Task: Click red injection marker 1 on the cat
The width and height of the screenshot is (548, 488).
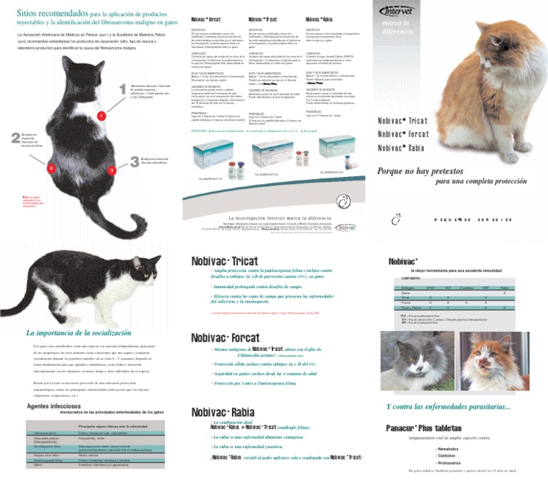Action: [101, 115]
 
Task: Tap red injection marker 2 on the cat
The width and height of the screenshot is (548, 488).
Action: [51, 168]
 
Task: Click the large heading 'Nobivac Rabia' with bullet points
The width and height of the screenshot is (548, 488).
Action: [223, 412]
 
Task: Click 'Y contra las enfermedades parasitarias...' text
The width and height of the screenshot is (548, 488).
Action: [448, 407]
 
